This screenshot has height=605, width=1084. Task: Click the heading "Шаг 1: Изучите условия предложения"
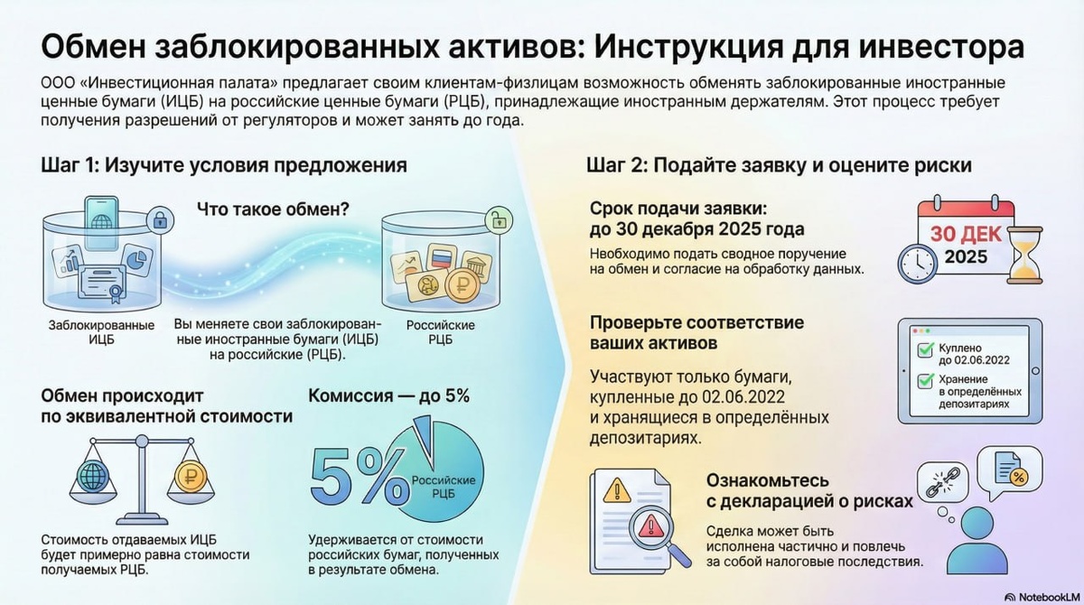tap(223, 165)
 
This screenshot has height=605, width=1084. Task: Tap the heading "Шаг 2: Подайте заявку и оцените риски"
tap(779, 165)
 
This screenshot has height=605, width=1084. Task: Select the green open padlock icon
tap(496, 218)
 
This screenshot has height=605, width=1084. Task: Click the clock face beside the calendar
tap(917, 260)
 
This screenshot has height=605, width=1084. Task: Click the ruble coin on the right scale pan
tap(190, 476)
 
